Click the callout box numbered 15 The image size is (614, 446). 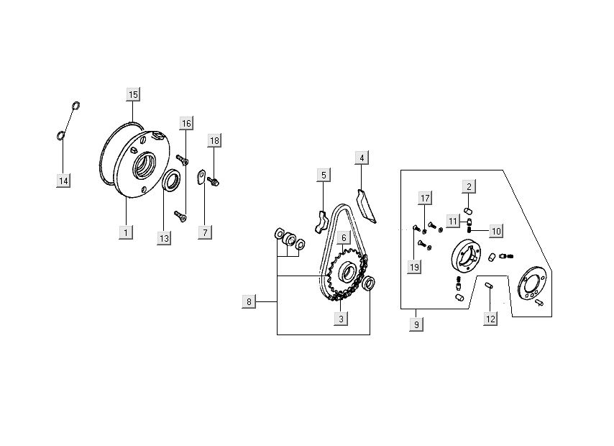[x=133, y=94]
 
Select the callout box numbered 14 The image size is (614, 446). [x=63, y=181]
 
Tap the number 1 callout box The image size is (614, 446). [x=126, y=232]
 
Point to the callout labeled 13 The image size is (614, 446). [x=164, y=238]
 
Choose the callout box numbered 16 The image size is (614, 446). [x=186, y=124]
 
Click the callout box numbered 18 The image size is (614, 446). [x=214, y=141]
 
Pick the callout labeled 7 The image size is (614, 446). [x=205, y=232]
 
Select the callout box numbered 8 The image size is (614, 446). [x=249, y=302]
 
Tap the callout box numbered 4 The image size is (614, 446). [x=362, y=158]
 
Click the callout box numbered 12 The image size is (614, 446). [x=490, y=319]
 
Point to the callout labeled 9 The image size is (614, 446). [x=416, y=324]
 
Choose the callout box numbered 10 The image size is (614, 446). [x=496, y=231]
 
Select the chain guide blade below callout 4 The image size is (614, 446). [x=366, y=206]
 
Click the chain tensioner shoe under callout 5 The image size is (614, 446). [x=321, y=222]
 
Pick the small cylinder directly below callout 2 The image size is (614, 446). [x=468, y=211]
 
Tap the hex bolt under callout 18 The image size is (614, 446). [x=214, y=181]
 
